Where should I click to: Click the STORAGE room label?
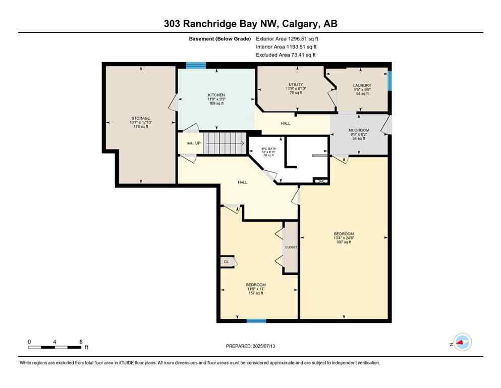point(141,118)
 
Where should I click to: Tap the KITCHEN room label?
point(216,95)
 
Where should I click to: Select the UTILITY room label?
point(296,84)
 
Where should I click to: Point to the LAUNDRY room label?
point(362,85)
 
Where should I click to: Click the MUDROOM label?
point(359,130)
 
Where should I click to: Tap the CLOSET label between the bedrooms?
point(291,247)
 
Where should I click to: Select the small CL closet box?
point(226,262)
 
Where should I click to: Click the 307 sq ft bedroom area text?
point(343,242)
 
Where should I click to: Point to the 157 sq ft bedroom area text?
point(255,293)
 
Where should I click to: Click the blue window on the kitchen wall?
point(196,65)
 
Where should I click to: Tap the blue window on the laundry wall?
point(389,80)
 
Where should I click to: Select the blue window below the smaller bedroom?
point(256,321)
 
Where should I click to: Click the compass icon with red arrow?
point(462,343)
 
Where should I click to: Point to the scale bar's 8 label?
point(81,342)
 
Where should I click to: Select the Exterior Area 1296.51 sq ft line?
point(287,38)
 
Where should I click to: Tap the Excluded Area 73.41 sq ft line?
point(286,55)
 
